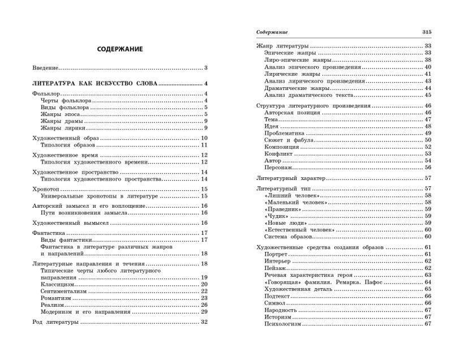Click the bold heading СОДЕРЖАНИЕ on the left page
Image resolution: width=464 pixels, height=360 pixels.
click(x=119, y=49)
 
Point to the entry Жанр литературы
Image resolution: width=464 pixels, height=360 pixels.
click(x=282, y=45)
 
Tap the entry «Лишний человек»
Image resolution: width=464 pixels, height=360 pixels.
click(x=291, y=195)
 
